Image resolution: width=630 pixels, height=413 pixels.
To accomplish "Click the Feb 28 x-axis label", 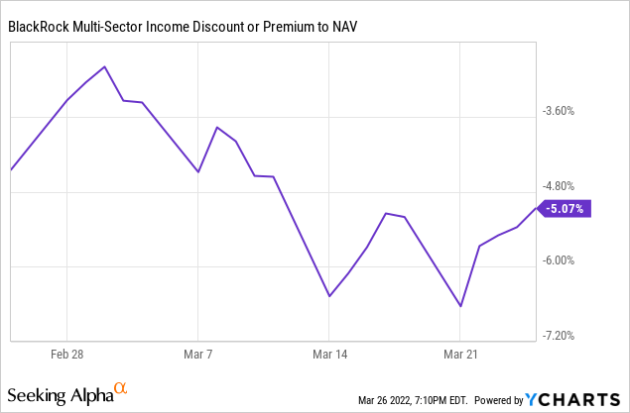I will (66, 354).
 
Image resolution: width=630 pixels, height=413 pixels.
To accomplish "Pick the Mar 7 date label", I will (198, 354).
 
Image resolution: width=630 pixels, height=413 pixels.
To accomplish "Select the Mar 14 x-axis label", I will (329, 354).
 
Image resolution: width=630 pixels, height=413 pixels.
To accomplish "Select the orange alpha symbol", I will (120, 389).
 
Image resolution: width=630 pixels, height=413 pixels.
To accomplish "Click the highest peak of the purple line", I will (105, 67).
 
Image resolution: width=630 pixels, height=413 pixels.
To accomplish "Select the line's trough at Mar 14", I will (329, 295).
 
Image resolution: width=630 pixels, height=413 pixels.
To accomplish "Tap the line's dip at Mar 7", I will (198, 172).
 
